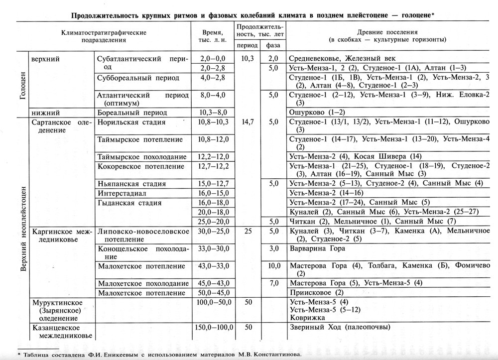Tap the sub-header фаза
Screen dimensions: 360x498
(273, 45)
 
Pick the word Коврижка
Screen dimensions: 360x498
(308, 317)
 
